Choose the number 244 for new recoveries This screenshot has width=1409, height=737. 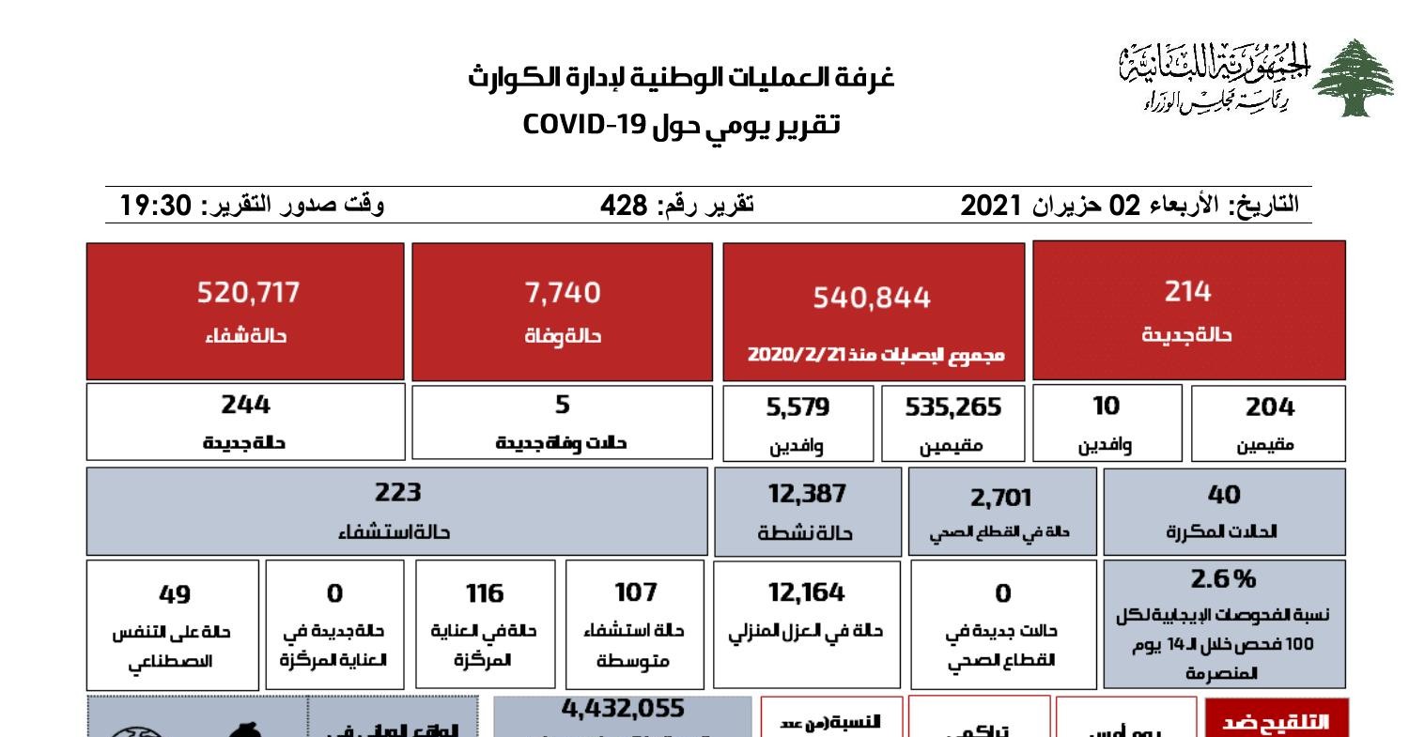point(245,405)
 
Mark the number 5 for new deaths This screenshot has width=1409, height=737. point(562,405)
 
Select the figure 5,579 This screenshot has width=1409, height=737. point(797,407)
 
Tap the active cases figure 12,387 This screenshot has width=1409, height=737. point(806,494)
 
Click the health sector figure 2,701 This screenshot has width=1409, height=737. point(1000,497)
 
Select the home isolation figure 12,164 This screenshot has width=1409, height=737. point(805,592)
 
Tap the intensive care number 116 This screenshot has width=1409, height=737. point(484,594)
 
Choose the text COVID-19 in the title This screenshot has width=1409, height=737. point(583,123)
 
